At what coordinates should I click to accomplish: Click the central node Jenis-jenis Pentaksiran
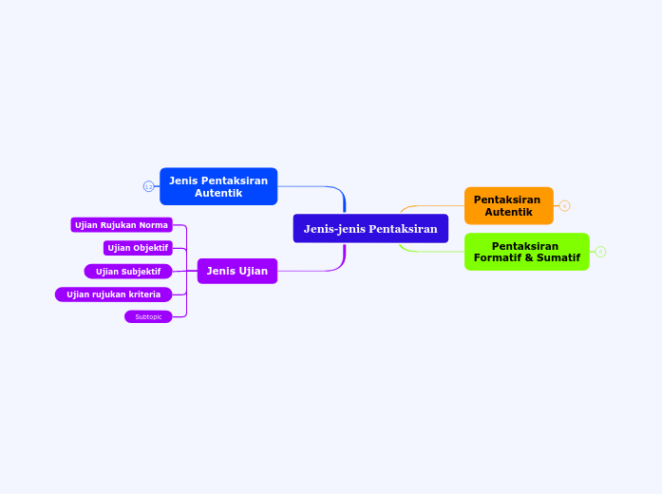pos(370,228)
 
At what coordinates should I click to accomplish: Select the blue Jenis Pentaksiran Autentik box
pos(218,186)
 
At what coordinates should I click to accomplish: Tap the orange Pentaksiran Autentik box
pos(508,205)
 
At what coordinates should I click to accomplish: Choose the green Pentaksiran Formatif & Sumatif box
pos(526,252)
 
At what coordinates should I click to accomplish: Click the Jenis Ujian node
pos(236,271)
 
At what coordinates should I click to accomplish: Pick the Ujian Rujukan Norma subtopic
pos(122,225)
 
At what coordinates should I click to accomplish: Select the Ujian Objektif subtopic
pos(138,248)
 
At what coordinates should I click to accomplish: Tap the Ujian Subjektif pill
pos(128,272)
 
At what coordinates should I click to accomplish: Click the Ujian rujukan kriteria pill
pos(114,294)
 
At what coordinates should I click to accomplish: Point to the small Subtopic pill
pos(148,316)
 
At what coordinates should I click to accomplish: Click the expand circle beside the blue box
pos(148,186)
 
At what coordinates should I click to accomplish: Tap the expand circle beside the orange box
pos(564,206)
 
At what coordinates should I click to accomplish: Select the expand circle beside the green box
pos(600,252)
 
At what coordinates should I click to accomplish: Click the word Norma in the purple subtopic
pos(153,225)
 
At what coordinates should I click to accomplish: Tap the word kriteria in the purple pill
pos(141,294)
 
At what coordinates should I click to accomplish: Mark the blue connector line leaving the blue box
pos(309,186)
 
